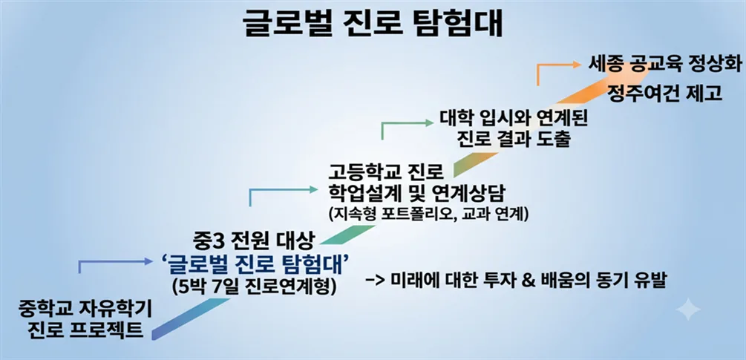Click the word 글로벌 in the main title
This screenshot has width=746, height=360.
click(x=290, y=24)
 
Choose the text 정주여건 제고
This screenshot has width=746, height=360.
click(x=664, y=93)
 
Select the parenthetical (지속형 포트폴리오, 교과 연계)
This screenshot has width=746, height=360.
click(x=426, y=214)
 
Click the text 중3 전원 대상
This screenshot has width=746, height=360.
click(x=254, y=243)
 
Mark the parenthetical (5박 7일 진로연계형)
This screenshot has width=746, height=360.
click(x=255, y=287)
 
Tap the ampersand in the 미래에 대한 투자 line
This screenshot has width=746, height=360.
click(x=528, y=281)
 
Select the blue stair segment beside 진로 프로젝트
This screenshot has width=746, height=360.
click(x=191, y=318)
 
